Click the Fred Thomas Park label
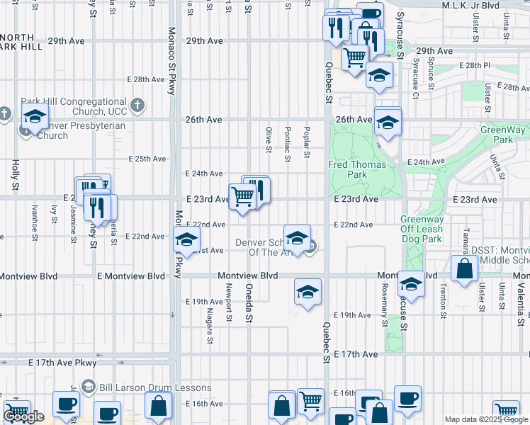[x=358, y=169]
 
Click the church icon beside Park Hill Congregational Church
[x=137, y=105]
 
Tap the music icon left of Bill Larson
[x=88, y=387]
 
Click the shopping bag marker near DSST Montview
[x=463, y=270]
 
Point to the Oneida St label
[x=249, y=301]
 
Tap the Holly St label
[x=15, y=175]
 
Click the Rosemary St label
[x=385, y=300]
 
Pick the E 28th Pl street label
[x=474, y=65]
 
